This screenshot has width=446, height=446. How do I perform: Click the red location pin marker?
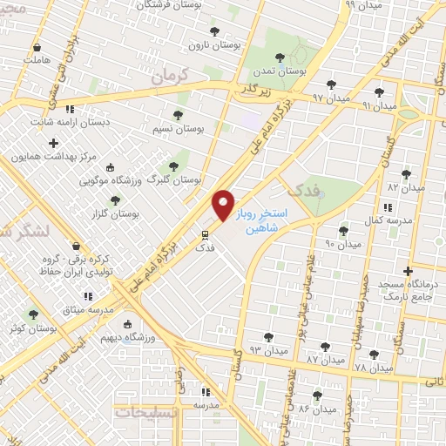pyautogui.click(x=224, y=206)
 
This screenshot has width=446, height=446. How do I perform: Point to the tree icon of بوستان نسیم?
pyautogui.click(x=178, y=114)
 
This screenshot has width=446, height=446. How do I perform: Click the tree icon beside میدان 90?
pyautogui.click(x=343, y=231)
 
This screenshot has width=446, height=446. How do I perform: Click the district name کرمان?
pyautogui.click(x=169, y=78)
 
